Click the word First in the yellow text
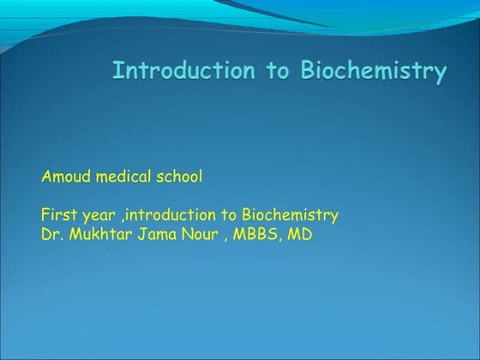point(57,214)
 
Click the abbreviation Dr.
point(51,232)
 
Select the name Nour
point(202,232)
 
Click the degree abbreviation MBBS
point(260,232)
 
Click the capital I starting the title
point(117,70)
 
